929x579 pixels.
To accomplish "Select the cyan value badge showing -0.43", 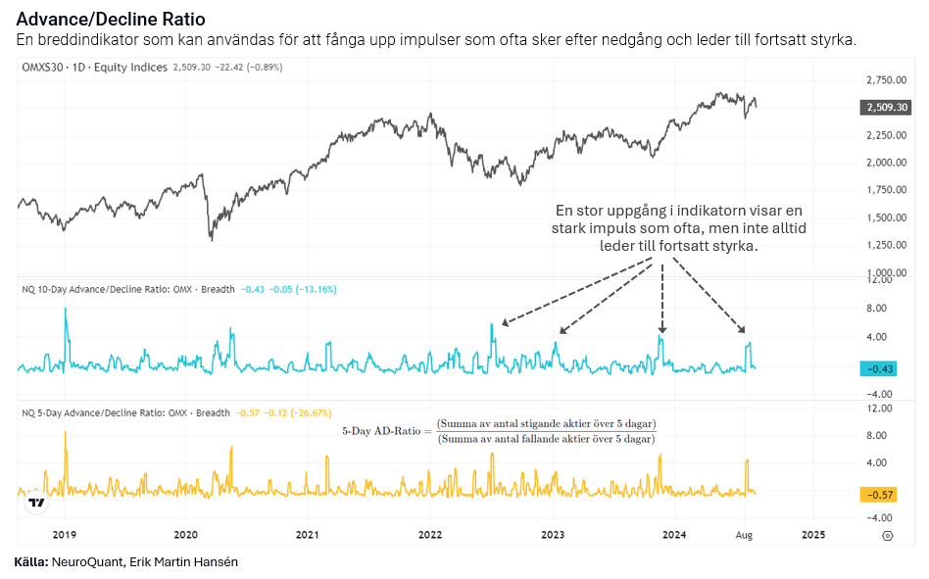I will [x=879, y=368].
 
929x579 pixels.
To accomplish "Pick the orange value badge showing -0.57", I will [x=879, y=495].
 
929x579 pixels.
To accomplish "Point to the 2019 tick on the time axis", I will [x=65, y=535].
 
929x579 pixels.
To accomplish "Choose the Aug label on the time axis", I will [x=745, y=535].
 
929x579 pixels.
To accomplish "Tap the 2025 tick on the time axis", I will [x=813, y=535].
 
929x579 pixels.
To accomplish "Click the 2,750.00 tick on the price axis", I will [x=886, y=79].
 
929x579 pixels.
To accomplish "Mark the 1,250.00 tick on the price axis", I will [x=886, y=245].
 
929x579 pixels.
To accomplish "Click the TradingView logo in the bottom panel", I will [x=36, y=503].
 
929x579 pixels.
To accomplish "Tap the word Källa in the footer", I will [x=31, y=561].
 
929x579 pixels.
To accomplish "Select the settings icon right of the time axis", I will [x=887, y=535].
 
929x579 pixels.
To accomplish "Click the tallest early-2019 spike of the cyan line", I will [x=66, y=310].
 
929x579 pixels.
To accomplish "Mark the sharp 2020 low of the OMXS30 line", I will [x=211, y=238].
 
